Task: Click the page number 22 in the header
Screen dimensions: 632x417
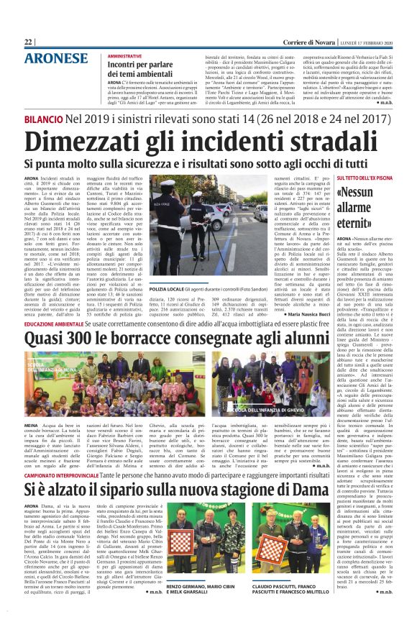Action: point(29,42)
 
